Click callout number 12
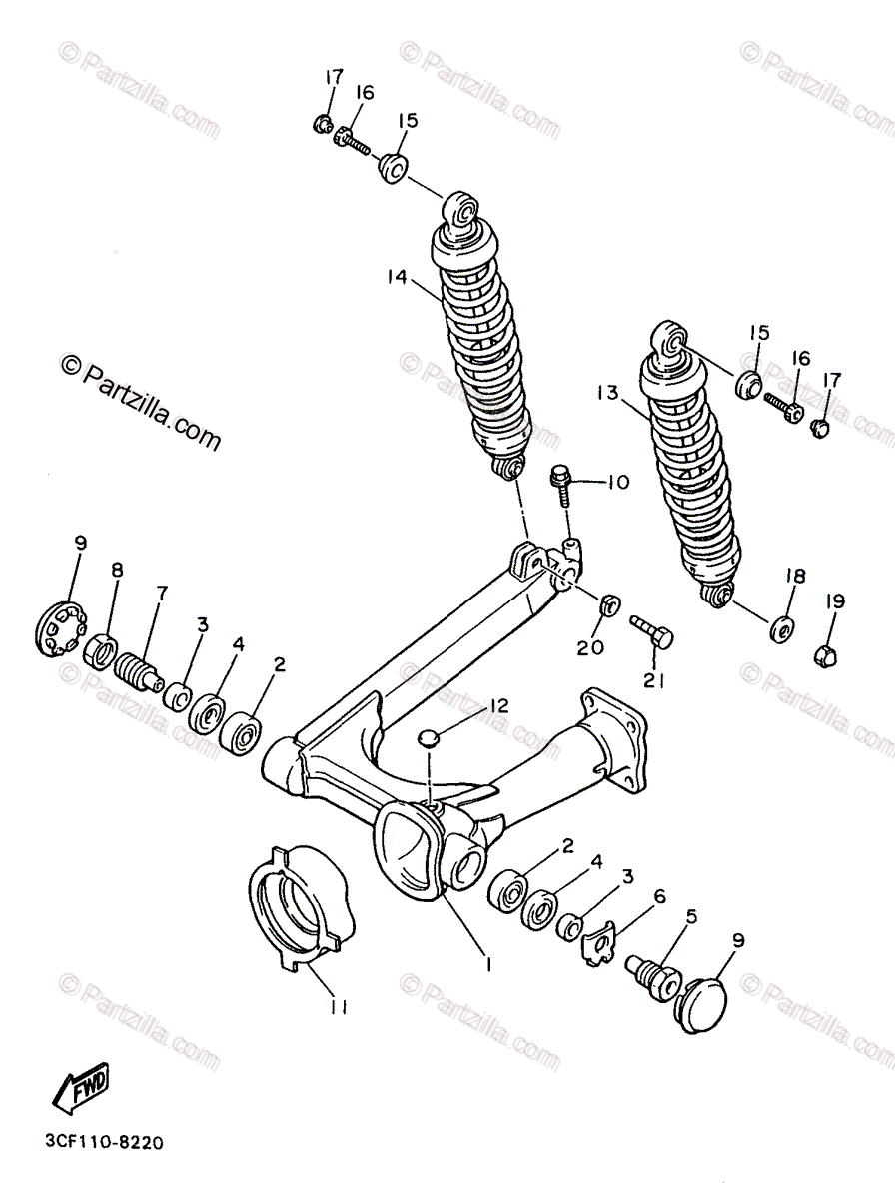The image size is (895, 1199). tap(498, 706)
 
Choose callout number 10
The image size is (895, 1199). tap(617, 482)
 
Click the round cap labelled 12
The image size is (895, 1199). tap(429, 738)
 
